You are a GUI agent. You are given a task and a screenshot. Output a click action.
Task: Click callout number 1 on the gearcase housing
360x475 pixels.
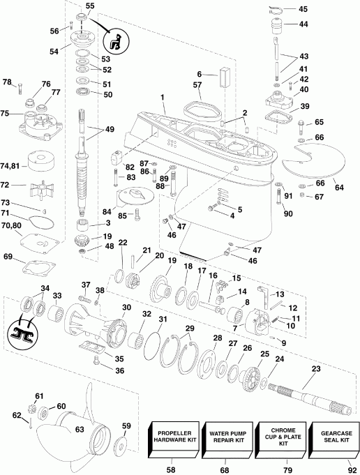[x=163, y=96]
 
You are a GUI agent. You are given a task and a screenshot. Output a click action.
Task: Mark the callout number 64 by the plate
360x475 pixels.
[x=338, y=187]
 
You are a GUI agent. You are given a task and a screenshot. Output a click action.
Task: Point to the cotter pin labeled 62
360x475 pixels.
[x=32, y=419]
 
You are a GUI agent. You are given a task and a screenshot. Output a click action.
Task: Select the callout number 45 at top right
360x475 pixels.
[x=302, y=9]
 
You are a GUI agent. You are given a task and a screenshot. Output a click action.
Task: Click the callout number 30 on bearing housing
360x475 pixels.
[x=127, y=308]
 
